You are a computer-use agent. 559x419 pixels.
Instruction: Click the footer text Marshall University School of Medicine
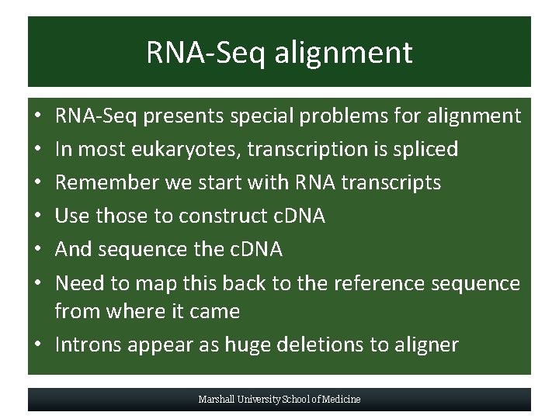coord(279,400)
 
